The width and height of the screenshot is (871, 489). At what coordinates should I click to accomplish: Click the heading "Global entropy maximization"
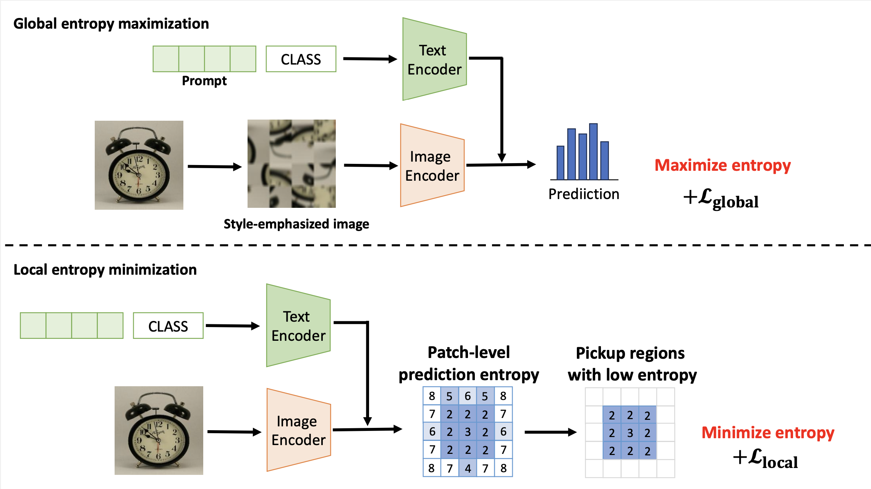(111, 24)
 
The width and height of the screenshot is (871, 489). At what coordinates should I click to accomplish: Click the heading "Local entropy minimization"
(105, 270)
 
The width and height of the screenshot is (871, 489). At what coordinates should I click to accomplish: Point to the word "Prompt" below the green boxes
(204, 81)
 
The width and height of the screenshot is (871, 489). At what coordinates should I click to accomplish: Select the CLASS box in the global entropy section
(301, 59)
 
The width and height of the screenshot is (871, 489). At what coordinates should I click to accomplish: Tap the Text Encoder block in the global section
(434, 60)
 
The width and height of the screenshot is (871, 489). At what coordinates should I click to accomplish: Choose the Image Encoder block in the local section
(298, 431)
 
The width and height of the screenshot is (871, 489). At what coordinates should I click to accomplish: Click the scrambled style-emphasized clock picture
(291, 164)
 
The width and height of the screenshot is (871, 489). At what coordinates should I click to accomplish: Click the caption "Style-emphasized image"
(296, 224)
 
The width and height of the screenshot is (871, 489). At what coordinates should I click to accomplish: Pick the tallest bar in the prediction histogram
(593, 152)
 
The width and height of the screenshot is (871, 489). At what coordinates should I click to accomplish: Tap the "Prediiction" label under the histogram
(584, 194)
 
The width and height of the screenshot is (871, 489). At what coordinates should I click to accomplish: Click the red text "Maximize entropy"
(722, 165)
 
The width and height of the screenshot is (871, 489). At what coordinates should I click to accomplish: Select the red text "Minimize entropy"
(768, 433)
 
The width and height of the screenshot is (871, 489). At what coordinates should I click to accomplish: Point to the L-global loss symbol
(721, 199)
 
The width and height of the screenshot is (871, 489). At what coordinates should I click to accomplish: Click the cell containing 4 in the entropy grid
(468, 468)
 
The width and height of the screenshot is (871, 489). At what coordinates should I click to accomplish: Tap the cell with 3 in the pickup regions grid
(630, 433)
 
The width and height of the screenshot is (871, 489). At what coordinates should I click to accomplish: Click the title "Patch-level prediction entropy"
(469, 363)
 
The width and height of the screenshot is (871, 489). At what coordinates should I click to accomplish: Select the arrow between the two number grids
(550, 432)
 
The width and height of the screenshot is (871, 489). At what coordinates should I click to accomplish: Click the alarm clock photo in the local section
(159, 431)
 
